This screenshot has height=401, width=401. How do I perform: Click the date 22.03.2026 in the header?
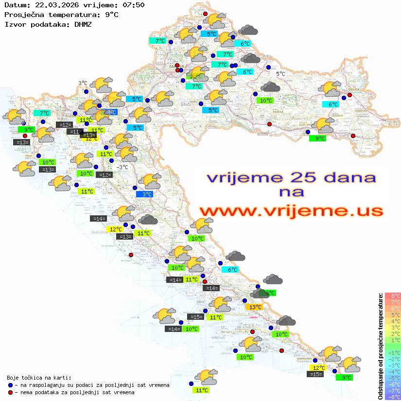51,5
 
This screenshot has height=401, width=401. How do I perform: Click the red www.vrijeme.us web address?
291,210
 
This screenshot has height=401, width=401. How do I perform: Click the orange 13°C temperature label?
254,307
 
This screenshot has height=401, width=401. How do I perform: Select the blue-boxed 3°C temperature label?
146,194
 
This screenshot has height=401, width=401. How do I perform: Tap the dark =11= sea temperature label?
75,131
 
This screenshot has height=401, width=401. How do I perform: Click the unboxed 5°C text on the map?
280,74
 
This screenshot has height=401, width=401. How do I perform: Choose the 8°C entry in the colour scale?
392,296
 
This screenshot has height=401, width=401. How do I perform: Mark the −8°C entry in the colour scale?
392,397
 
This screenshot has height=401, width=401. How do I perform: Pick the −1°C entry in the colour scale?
392,352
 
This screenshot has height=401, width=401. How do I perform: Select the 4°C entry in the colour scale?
392,321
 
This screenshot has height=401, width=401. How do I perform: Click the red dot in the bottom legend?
10,392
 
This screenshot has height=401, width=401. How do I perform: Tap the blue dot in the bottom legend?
10,384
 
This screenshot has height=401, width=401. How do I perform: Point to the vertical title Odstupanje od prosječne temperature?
381,346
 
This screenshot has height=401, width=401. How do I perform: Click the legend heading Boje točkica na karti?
39,377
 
